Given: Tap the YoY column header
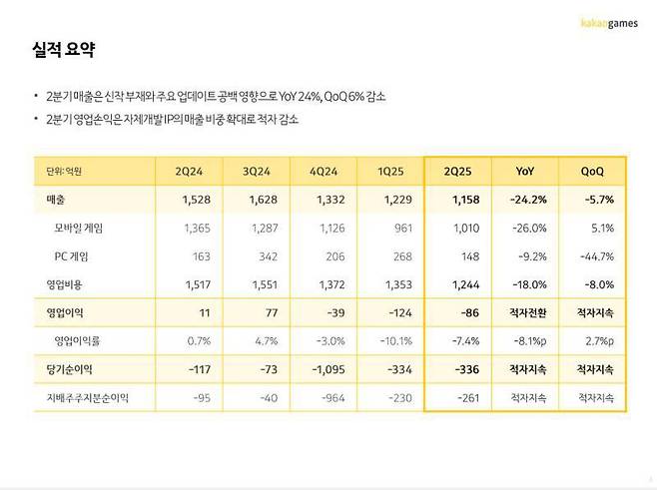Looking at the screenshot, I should click(524, 171).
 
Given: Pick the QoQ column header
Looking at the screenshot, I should click(592, 171).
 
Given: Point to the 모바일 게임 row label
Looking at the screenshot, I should click(78, 228).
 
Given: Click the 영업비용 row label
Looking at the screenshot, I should click(57, 284).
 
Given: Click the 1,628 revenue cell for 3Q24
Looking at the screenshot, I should click(264, 200).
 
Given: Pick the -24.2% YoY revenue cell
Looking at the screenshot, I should click(526, 200).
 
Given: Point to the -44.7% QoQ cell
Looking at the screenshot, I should click(594, 256).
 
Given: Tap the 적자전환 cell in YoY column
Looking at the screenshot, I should click(526, 312).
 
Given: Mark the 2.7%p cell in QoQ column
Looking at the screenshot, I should click(594, 340).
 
